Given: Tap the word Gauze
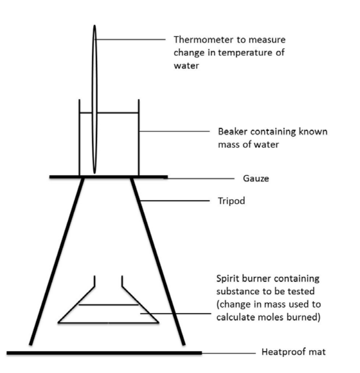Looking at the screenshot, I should [256, 178].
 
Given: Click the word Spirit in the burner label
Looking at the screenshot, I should [227, 279].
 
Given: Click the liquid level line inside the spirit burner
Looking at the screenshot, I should [108, 305].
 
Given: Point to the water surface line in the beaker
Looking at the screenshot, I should [117, 113].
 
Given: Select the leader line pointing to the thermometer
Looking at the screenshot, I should [132, 40].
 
